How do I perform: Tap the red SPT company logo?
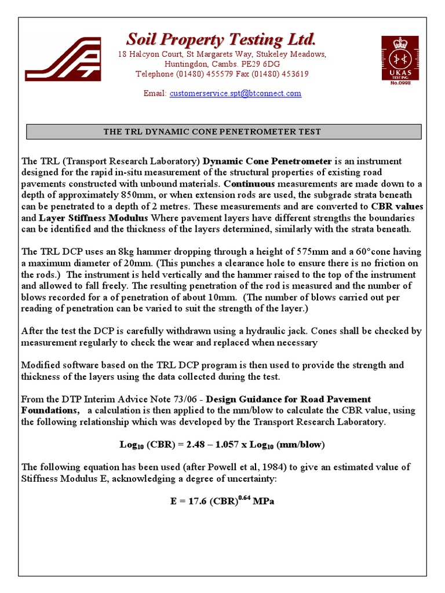pyautogui.click(x=63, y=58)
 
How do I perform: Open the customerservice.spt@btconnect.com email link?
pyautogui.click(x=235, y=93)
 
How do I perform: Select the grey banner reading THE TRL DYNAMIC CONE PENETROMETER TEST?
pyautogui.click(x=224, y=131)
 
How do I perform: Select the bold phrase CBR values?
pyautogui.click(x=397, y=206)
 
